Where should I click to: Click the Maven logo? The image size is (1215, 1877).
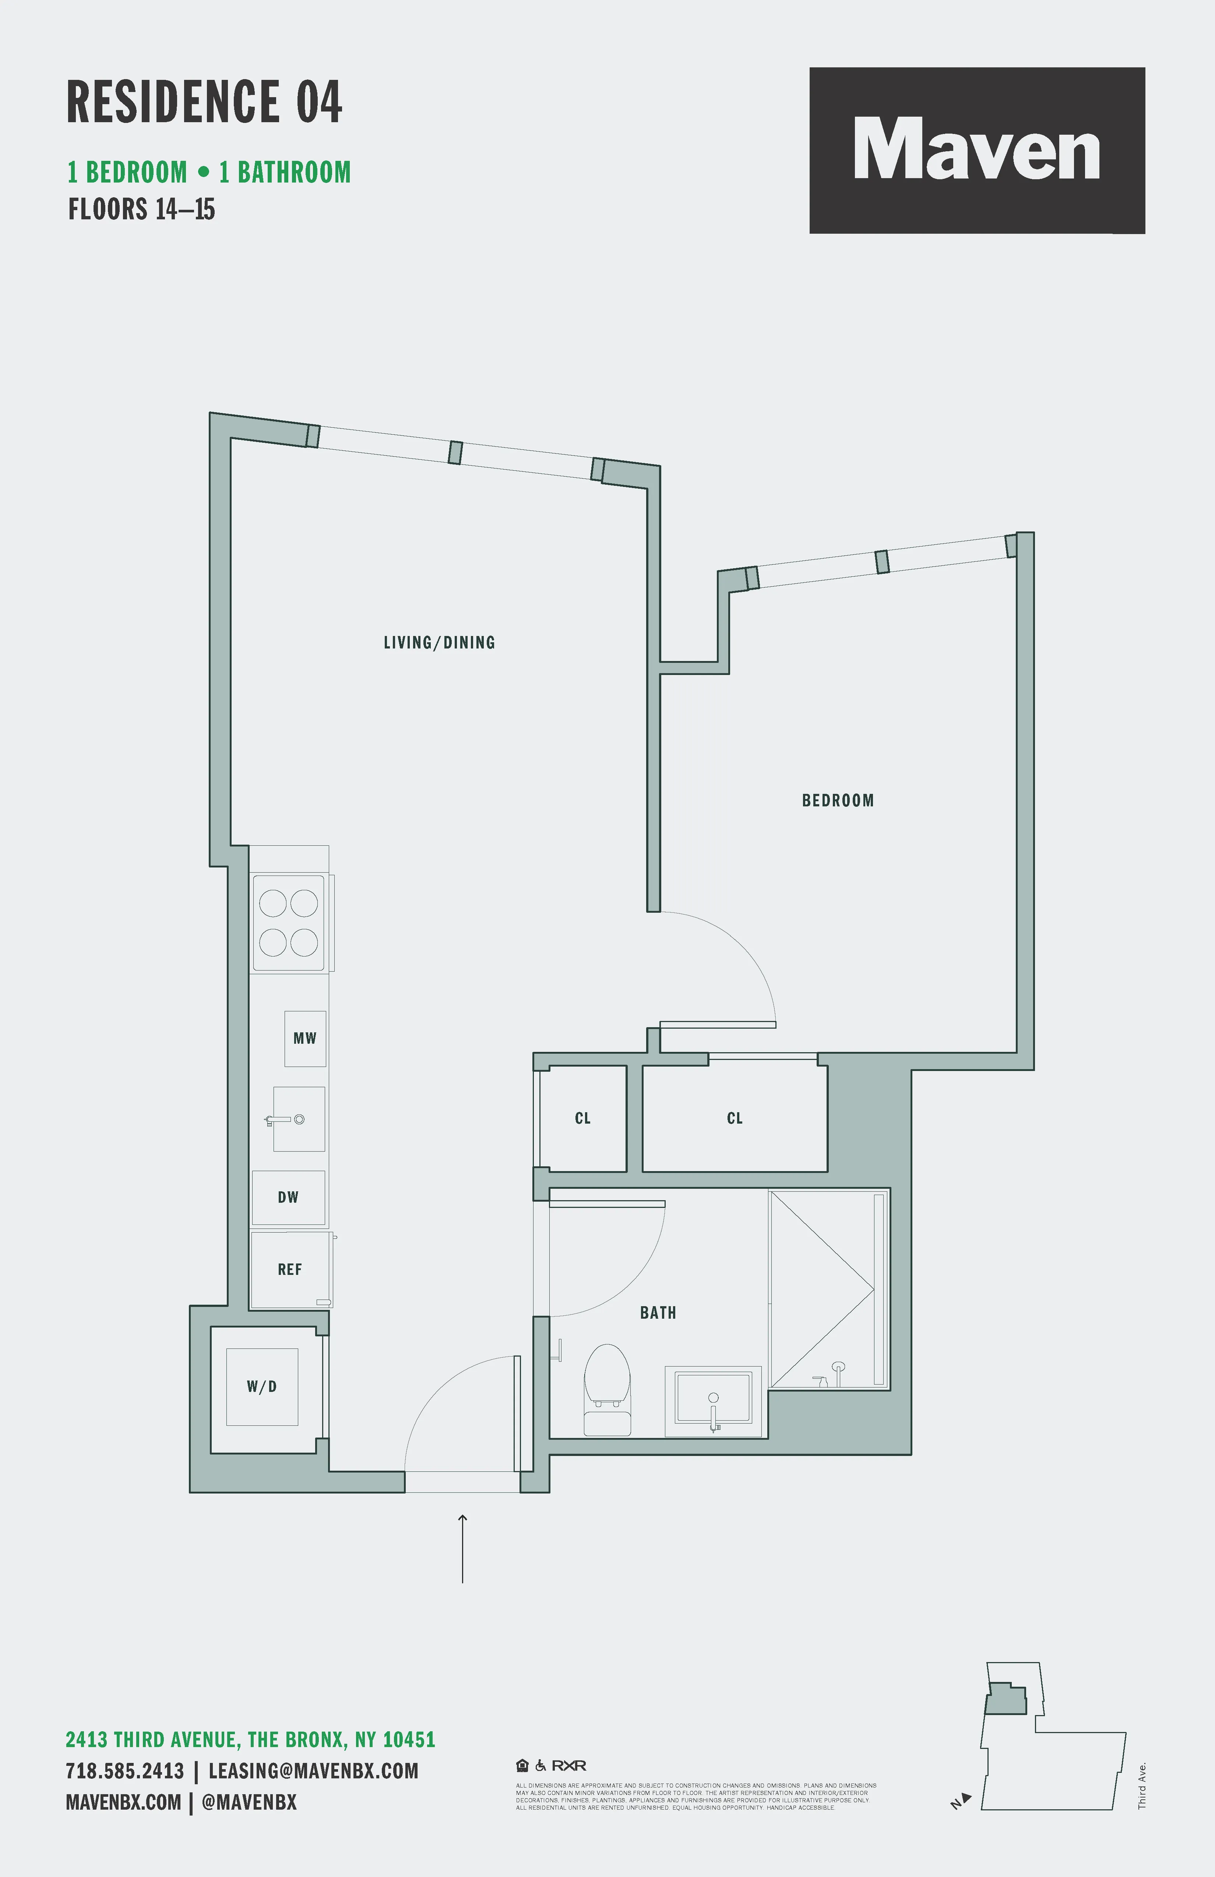pos(977,150)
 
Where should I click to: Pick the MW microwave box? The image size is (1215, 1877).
pos(304,1039)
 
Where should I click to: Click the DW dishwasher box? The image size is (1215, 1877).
pos(288,1197)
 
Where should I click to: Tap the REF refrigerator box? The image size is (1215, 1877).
pos(289,1270)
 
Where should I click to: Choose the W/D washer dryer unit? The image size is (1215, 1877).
pos(262,1386)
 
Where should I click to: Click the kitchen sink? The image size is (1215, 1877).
pos(298,1119)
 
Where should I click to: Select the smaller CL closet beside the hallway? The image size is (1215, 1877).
pos(582,1118)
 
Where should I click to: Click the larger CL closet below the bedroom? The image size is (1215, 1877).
pos(735,1118)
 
